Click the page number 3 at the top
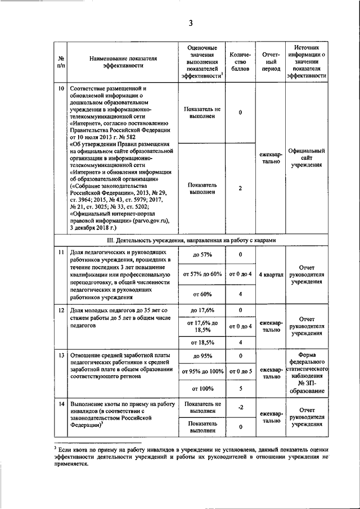coord(191,22)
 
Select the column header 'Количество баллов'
coord(240,61)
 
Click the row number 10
coord(61,89)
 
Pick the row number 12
coord(61,310)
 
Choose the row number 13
coord(61,356)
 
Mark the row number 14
coord(61,404)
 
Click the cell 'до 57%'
coord(202,255)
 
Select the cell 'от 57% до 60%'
coord(202,274)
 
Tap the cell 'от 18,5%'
coord(202,342)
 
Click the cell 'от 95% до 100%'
coord(202,371)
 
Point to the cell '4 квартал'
coord(271,274)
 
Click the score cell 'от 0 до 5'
coord(240,371)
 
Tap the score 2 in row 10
coord(240,188)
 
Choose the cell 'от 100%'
coord(202,388)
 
